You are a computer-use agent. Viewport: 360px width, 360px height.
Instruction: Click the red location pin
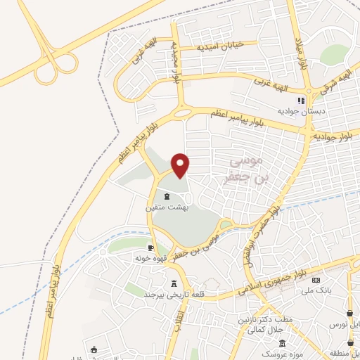coord(181,165)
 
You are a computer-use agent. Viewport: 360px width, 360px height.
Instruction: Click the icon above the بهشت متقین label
coord(167,195)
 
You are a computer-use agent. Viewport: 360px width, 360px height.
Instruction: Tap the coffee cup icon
coord(150,248)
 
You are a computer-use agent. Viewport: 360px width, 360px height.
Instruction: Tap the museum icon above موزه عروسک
coord(282,344)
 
